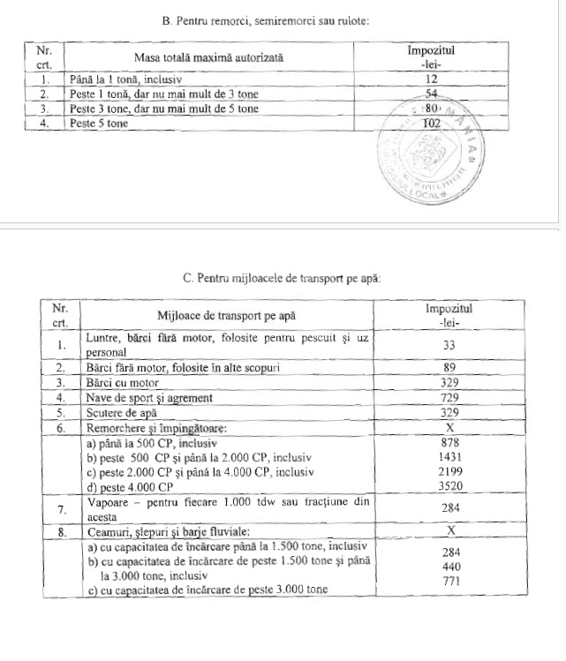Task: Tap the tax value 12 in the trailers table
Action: coord(431,79)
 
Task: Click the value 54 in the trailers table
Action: coord(432,94)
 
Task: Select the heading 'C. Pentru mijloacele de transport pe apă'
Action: coord(282,279)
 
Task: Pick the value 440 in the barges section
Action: coord(449,566)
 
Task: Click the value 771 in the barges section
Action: coord(449,581)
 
